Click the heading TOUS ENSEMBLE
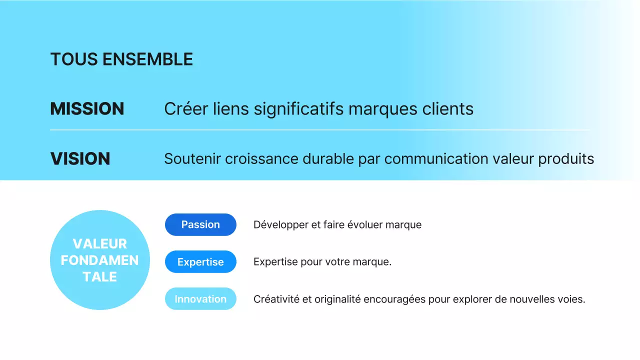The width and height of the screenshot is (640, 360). (x=121, y=59)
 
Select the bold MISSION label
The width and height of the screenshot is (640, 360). (x=87, y=109)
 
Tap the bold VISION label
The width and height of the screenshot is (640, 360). (x=80, y=159)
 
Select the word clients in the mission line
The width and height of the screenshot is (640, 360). (x=447, y=109)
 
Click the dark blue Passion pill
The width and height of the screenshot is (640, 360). (x=200, y=224)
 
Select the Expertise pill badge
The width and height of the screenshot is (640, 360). (x=200, y=262)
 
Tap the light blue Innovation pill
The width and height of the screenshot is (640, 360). (x=200, y=299)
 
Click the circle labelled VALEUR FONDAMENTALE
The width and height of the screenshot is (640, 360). (x=100, y=260)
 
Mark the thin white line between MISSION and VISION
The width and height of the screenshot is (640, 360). (x=320, y=130)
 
